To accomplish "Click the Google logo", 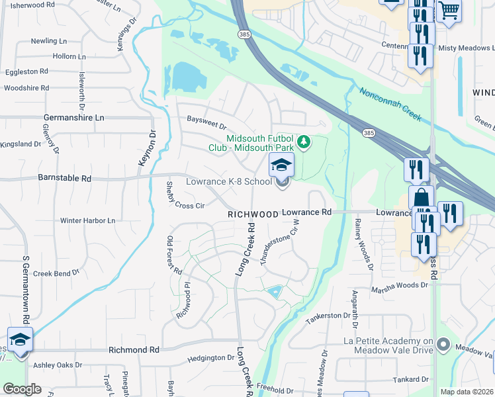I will coord(22,389).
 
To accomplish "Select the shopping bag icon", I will coord(421,198).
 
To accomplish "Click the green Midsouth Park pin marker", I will coord(304,142).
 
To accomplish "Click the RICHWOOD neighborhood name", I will coord(252,214).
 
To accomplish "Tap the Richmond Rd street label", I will coord(134,349).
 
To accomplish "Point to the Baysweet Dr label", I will coord(206,125).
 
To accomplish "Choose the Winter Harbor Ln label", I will coord(87,220).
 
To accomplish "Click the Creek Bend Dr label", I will coord(56,272).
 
